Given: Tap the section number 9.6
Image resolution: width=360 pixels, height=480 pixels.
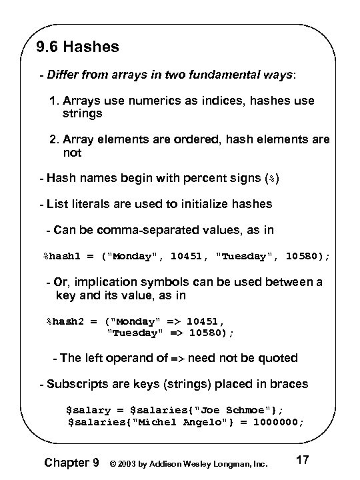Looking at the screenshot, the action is (x=48, y=48).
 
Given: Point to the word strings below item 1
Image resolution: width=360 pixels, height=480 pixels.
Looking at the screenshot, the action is (x=83, y=113).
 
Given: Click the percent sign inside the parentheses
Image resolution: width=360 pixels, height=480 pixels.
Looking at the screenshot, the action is (x=269, y=179).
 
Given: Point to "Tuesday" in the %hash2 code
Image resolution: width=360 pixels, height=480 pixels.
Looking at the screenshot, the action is (x=133, y=332).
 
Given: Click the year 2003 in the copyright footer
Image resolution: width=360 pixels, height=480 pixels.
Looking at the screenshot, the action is (x=133, y=462).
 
